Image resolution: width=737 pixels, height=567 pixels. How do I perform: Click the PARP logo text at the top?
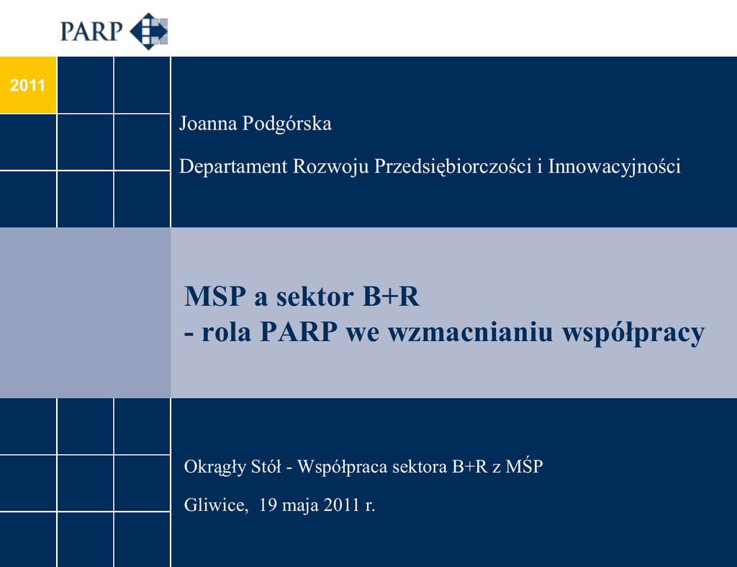tap(91, 32)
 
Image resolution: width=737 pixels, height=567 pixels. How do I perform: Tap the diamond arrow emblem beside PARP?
tap(148, 32)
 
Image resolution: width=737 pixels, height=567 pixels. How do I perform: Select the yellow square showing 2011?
tap(28, 85)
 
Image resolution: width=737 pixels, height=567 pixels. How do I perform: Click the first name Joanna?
tap(208, 124)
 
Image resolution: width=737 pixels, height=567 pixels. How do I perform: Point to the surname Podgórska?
tap(286, 124)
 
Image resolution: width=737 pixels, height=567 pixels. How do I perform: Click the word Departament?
tap(233, 166)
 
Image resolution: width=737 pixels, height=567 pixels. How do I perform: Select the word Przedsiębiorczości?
tap(453, 167)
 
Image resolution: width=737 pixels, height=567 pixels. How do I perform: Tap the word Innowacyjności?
tap(615, 167)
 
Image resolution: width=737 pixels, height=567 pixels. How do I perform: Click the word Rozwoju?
tap(330, 167)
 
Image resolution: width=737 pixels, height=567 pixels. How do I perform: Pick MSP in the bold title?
tap(215, 296)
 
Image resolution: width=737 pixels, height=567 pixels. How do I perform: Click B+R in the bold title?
tap(391, 296)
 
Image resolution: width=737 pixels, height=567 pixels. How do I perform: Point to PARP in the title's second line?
tap(299, 332)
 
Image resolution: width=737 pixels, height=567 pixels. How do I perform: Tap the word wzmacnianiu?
tap(471, 332)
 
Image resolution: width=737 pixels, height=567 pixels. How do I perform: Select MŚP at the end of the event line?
tap(525, 466)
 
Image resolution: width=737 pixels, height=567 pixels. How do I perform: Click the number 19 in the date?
tap(268, 505)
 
